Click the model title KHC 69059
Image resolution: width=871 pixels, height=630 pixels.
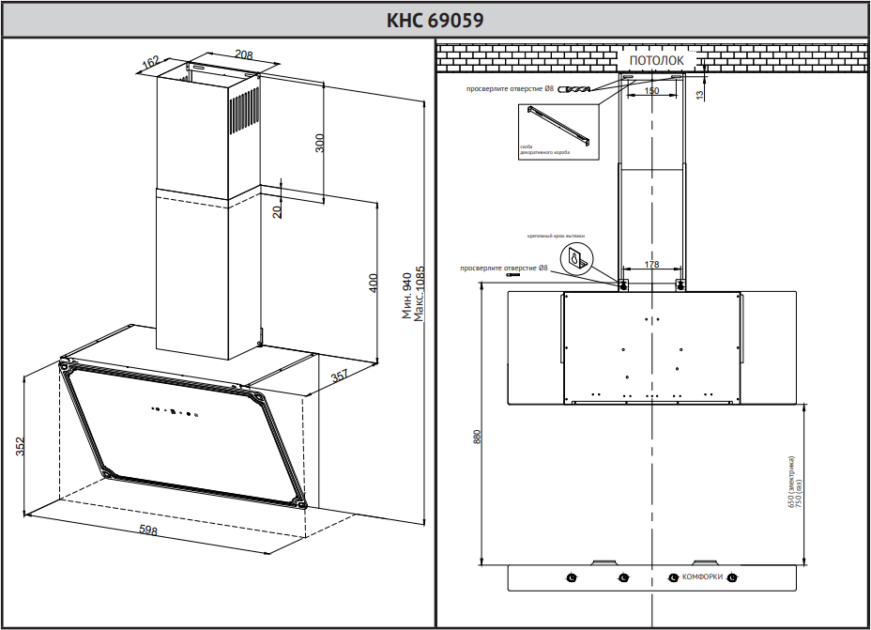point(435,20)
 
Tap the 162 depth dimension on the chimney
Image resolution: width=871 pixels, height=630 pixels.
point(150,63)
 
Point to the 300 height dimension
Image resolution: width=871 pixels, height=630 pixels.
point(319,144)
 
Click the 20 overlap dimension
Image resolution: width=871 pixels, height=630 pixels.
point(277,211)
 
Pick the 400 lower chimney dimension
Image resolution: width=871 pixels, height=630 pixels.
point(373,283)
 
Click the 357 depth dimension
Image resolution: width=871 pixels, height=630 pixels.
point(340,377)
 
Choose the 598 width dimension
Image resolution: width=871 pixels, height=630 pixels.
point(148,531)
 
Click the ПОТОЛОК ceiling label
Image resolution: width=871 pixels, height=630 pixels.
point(656,60)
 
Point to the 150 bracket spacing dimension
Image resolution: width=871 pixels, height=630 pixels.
point(651,90)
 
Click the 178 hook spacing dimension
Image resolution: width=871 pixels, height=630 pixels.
point(651,265)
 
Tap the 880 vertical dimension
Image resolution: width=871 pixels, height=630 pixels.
point(477,437)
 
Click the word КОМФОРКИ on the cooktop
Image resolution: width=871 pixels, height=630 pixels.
point(702,576)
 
